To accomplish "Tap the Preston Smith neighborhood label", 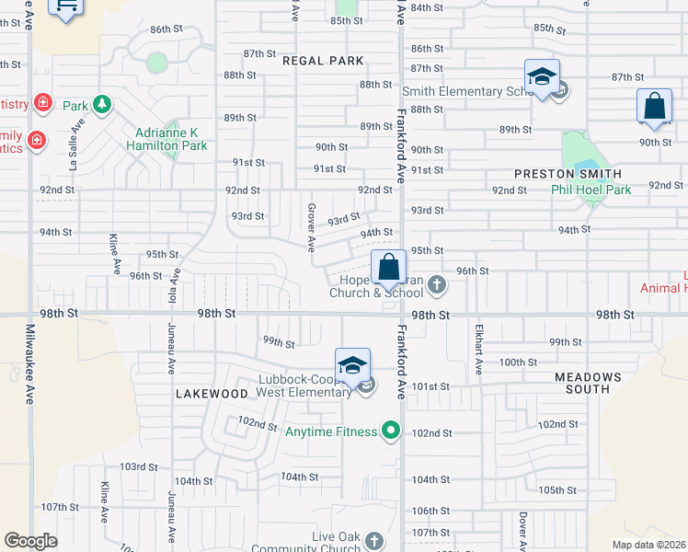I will coord(568,174).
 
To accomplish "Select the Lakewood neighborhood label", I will coord(212,393).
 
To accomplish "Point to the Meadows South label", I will coord(588,383).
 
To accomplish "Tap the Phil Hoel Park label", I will coord(591,190).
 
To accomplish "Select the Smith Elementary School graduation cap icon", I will coord(542,76).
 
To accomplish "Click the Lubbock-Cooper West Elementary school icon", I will coord(352,365).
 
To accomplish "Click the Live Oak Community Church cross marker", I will coord(373,540).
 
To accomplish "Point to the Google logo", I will coord(30,541).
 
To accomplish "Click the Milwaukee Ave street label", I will coord(30,363).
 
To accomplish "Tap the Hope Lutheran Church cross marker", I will coord(437,286).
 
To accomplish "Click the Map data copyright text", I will coord(648,545).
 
